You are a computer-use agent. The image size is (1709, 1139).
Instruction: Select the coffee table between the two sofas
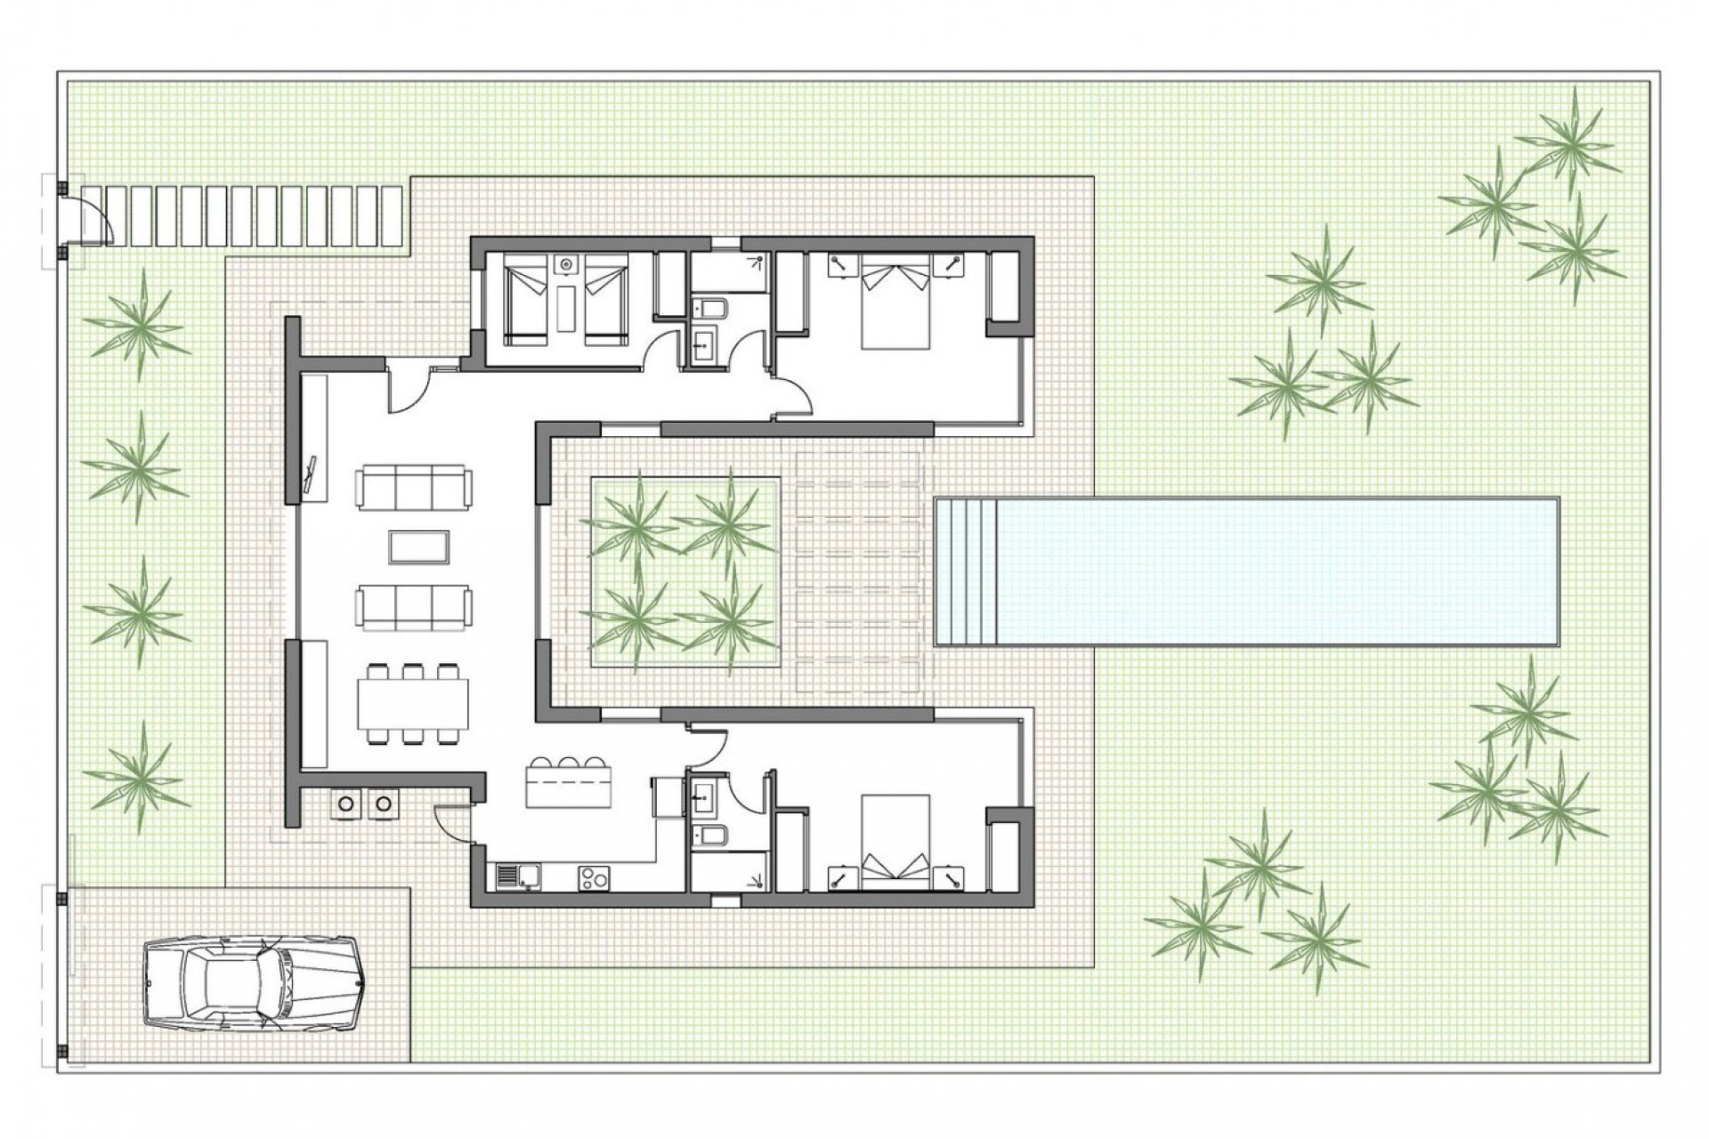click(x=418, y=546)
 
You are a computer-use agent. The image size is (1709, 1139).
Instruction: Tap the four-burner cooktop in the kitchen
click(x=594, y=877)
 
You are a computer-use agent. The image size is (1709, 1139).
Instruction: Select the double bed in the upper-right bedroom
click(x=895, y=303)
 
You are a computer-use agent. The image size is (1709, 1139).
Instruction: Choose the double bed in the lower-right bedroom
click(x=895, y=842)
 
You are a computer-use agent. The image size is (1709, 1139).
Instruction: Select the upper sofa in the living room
click(x=414, y=488)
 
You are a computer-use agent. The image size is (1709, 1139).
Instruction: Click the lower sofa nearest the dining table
click(x=414, y=607)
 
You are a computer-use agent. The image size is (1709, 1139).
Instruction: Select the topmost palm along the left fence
click(x=138, y=322)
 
